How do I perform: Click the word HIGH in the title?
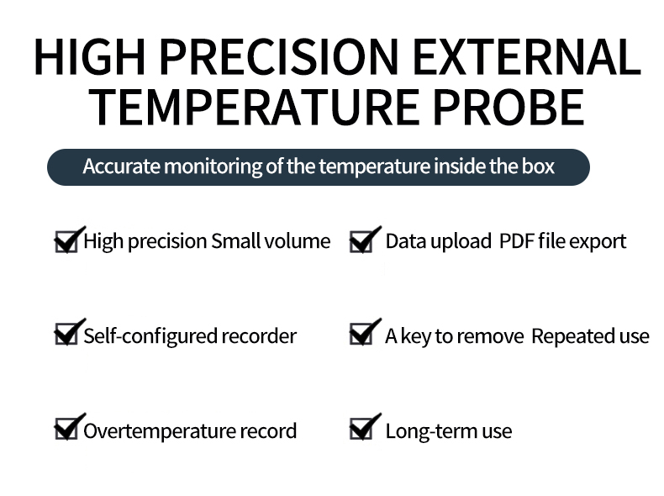[90, 57]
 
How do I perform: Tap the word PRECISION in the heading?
[279, 57]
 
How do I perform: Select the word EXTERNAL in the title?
[526, 57]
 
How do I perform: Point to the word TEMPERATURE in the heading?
[254, 108]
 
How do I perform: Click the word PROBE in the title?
[509, 108]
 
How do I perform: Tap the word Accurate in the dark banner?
[122, 166]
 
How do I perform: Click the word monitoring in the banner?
[213, 167]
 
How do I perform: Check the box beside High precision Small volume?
[66, 241]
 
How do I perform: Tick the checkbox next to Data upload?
[361, 241]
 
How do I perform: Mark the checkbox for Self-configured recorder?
[66, 334]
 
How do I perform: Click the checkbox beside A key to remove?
[361, 334]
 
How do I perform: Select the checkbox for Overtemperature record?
[66, 429]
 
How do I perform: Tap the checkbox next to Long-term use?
[361, 429]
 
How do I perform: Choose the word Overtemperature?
[160, 431]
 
